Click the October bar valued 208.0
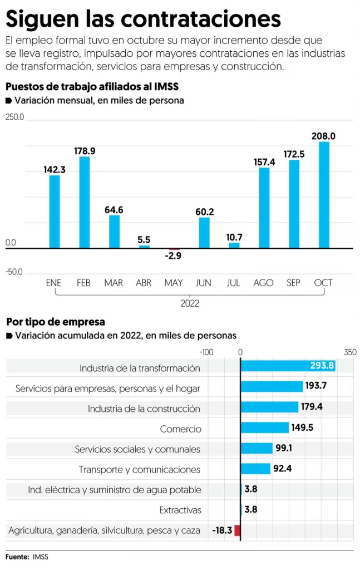pyautogui.click(x=324, y=195)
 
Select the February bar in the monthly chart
pyautogui.click(x=85, y=202)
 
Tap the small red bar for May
pyautogui.click(x=174, y=249)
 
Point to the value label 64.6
pyautogui.click(x=114, y=210)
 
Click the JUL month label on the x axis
pyautogui.click(x=234, y=283)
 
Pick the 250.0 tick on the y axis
pyautogui.click(x=15, y=117)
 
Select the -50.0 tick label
pyautogui.click(x=14, y=272)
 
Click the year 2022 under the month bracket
pyautogui.click(x=190, y=304)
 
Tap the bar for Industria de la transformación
pyautogui.click(x=287, y=366)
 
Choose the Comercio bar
pyautogui.click(x=264, y=427)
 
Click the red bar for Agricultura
pyautogui.click(x=238, y=530)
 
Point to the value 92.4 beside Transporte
pyautogui.click(x=282, y=469)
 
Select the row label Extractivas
pyautogui.click(x=180, y=510)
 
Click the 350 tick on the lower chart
pyautogui.click(x=350, y=352)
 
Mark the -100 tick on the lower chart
pyautogui.click(x=206, y=352)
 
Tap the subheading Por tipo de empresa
pyautogui.click(x=56, y=322)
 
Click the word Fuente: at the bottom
pyautogui.click(x=17, y=557)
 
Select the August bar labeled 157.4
pyautogui.click(x=264, y=208)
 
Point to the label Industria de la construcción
pyautogui.click(x=144, y=409)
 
